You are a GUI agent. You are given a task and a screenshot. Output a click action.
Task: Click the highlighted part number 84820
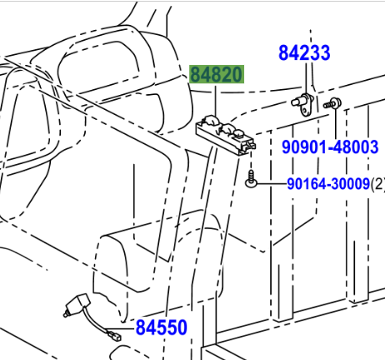[x=217, y=74]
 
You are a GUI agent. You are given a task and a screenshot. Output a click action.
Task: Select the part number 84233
[x=304, y=52]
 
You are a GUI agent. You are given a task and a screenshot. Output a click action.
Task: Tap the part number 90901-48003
[x=330, y=147]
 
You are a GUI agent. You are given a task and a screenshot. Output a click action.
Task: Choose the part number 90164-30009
[x=328, y=183]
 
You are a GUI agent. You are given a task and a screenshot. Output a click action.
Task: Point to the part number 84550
[x=162, y=327]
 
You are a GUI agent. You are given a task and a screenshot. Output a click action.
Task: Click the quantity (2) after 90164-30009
[x=377, y=184]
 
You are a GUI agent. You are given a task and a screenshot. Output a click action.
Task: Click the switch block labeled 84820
[x=226, y=136]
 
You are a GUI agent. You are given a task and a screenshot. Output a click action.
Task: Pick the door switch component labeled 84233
[x=302, y=104]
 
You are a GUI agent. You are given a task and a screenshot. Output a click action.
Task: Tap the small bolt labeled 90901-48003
[x=332, y=104]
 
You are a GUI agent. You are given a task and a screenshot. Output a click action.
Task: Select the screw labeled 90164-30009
[x=251, y=179]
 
